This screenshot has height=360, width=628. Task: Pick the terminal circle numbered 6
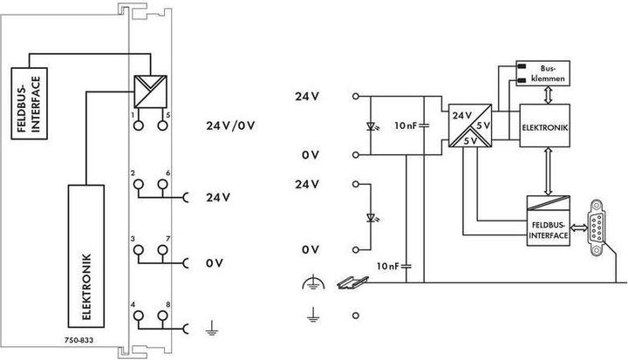(x=162, y=186)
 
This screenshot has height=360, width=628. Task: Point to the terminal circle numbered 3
(x=138, y=251)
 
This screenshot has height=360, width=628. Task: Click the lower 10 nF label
(x=386, y=264)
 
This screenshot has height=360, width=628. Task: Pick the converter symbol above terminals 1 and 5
(x=149, y=92)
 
